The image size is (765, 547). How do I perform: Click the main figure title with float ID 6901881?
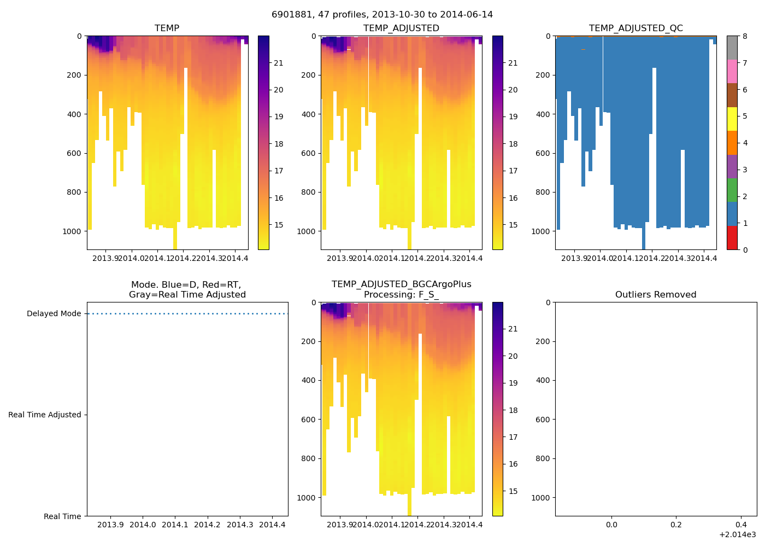(x=382, y=15)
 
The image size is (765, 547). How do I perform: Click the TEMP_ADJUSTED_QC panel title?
(x=635, y=28)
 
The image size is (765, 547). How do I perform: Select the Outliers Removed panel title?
(x=656, y=295)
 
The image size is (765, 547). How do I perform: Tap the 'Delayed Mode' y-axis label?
(x=54, y=314)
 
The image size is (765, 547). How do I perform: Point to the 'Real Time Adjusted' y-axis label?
(x=44, y=415)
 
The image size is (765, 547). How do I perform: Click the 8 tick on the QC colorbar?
(x=745, y=36)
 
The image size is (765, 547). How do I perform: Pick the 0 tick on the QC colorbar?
(x=745, y=250)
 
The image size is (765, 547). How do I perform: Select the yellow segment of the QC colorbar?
(x=732, y=119)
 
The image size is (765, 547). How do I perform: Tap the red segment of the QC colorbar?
(x=732, y=238)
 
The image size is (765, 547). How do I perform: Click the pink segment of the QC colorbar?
(x=732, y=71)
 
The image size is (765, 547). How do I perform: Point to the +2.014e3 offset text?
(x=738, y=534)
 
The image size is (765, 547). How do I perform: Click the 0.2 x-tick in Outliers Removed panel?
(x=676, y=525)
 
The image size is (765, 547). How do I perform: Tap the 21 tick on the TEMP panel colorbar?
(x=279, y=63)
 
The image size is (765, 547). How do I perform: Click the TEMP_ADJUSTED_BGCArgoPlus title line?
(x=401, y=284)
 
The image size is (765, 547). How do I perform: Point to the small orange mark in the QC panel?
(x=583, y=50)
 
